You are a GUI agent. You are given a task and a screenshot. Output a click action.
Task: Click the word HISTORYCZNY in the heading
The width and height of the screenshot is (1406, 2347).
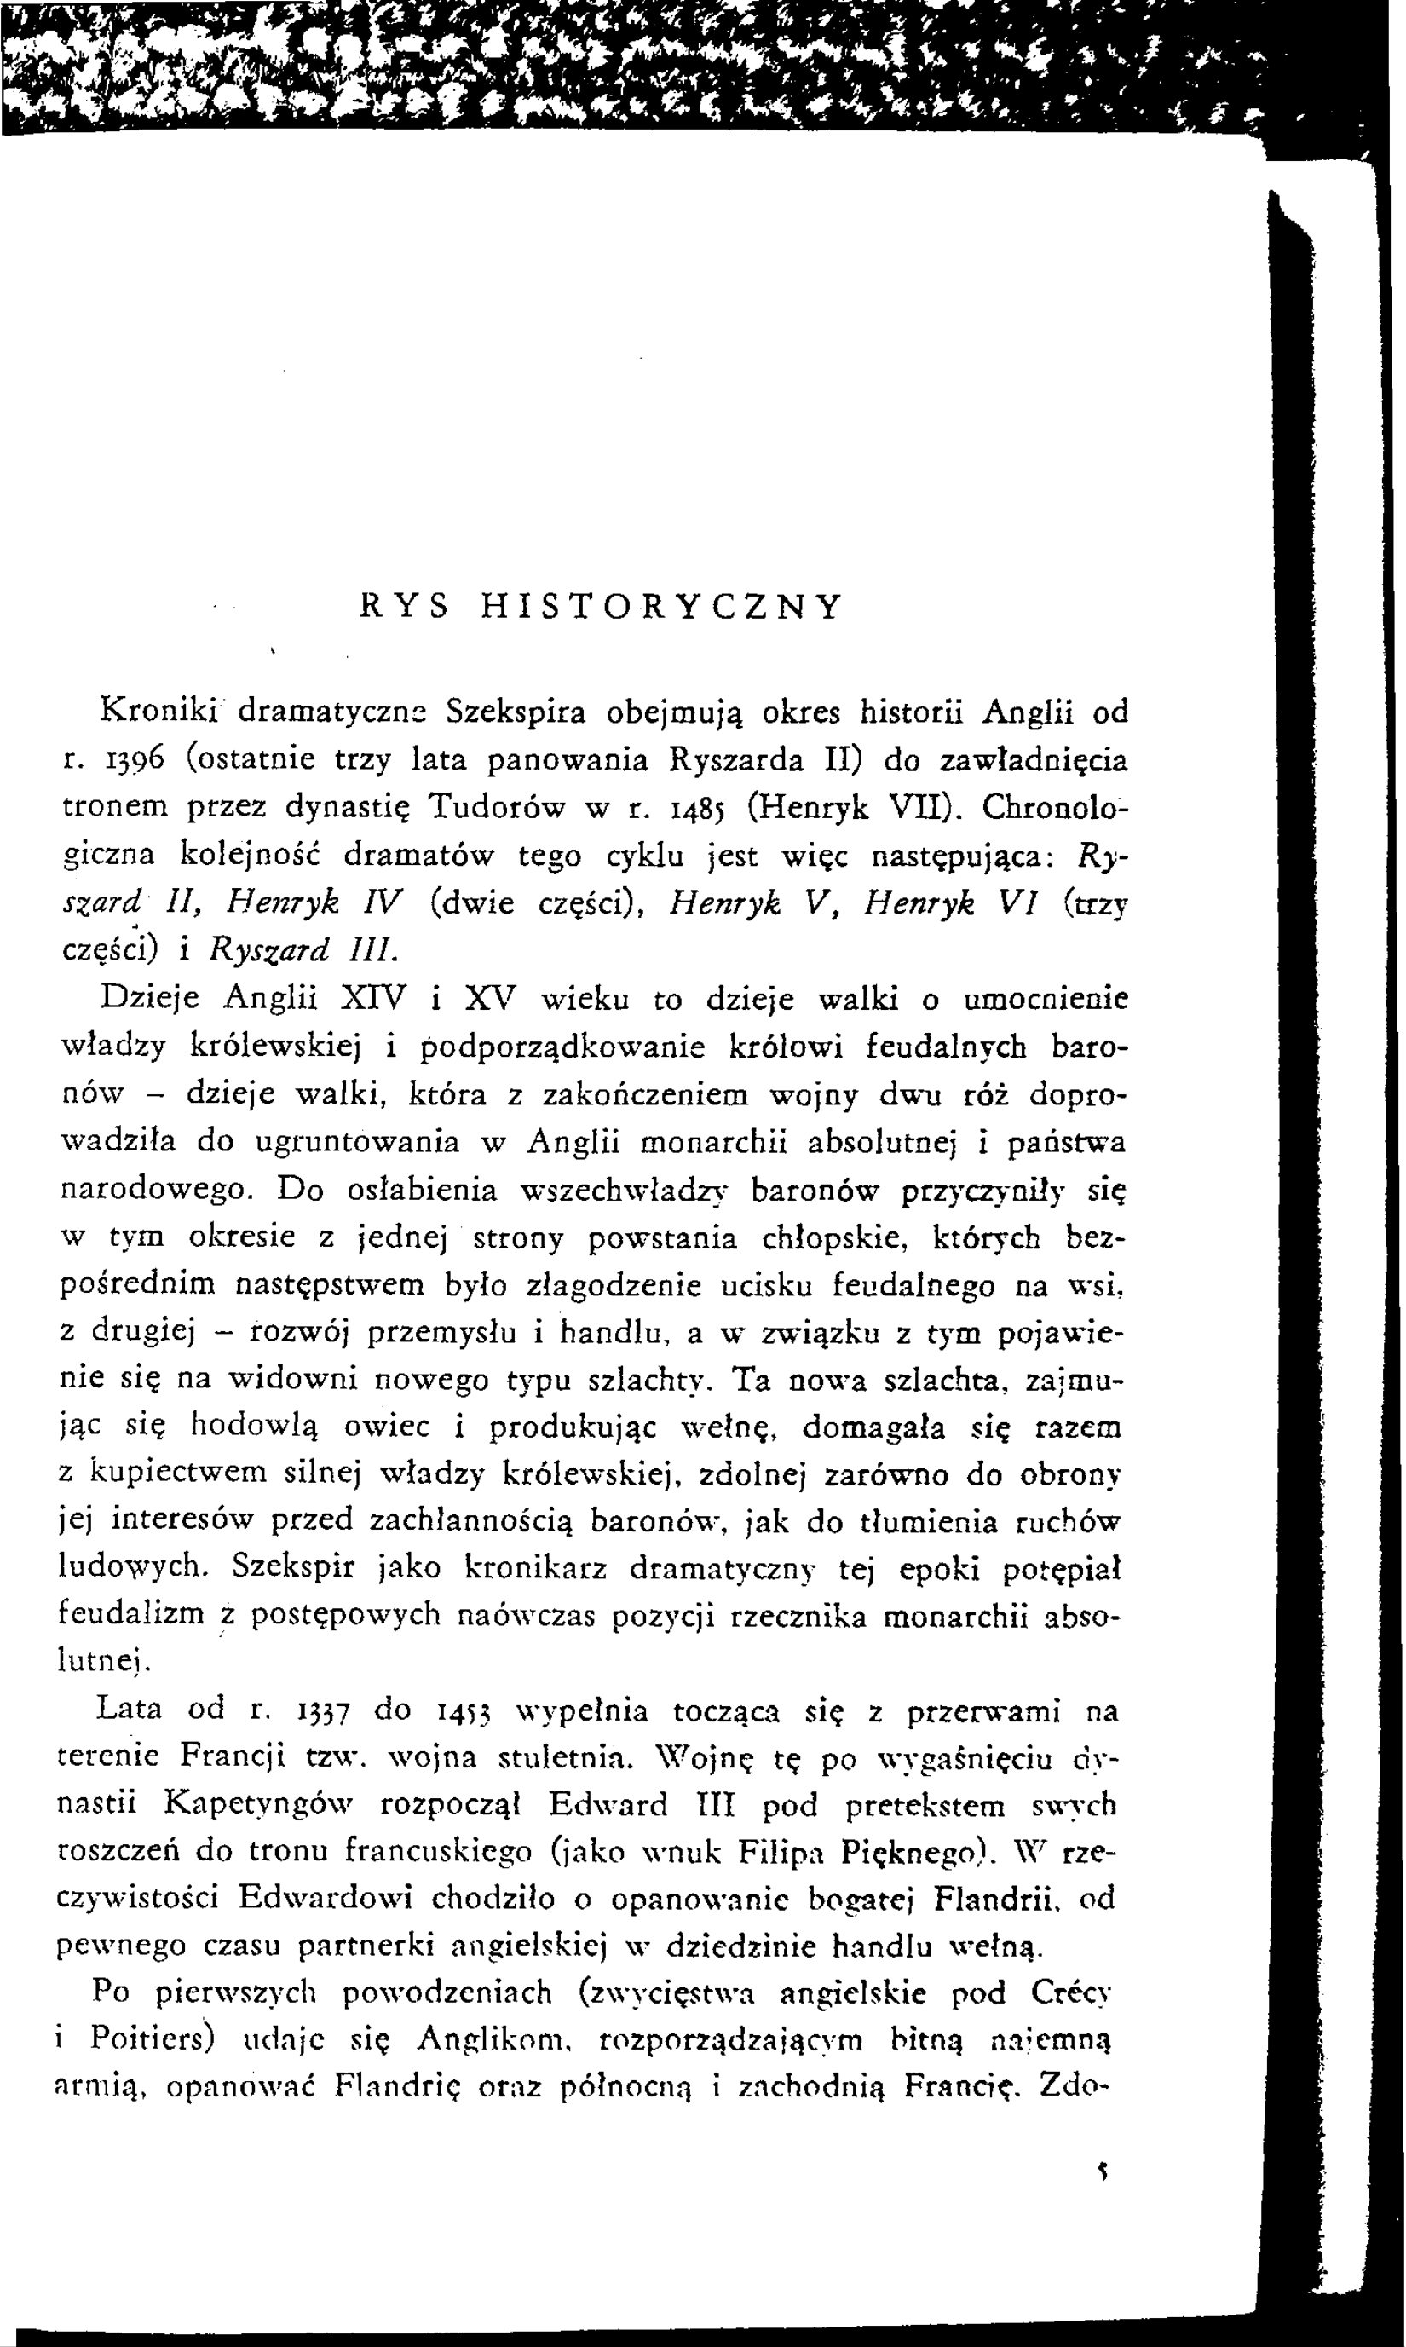coord(660,607)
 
